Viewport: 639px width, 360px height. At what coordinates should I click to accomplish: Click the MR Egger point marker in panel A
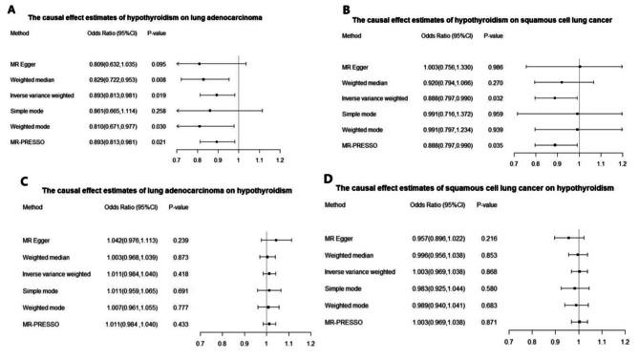199,64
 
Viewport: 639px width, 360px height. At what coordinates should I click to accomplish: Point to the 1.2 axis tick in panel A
280,159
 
